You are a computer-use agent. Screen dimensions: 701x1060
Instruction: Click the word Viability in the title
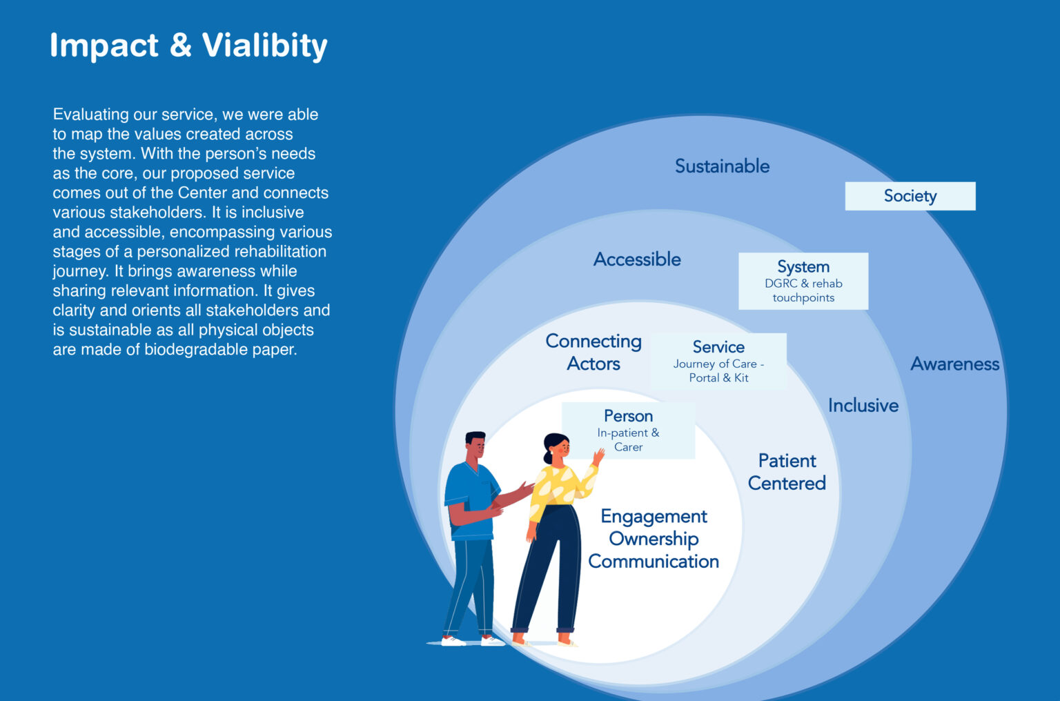pos(264,46)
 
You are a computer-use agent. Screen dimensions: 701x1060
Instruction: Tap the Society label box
pos(910,196)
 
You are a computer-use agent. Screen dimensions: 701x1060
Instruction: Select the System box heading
pos(803,267)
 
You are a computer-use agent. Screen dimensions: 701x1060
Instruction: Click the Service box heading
pos(718,347)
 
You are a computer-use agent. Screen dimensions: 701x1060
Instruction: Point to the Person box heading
pos(628,416)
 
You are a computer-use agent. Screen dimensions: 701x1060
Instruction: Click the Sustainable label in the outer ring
pos(722,166)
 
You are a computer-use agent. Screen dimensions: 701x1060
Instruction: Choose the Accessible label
pos(637,259)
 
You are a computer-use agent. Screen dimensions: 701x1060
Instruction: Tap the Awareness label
pos(954,364)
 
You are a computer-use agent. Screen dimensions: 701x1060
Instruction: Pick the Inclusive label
pos(863,406)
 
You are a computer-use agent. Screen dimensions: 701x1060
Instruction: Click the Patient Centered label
pos(787,472)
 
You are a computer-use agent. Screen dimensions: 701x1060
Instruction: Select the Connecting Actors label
pos(593,353)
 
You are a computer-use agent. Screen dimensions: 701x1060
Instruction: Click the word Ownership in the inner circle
pos(654,539)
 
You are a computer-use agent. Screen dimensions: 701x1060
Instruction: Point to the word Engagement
pos(654,516)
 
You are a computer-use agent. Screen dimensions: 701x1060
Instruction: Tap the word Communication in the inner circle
pos(654,562)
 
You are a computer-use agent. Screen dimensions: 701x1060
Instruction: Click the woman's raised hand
pos(598,456)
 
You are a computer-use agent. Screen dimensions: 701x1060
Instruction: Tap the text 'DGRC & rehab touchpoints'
pos(803,290)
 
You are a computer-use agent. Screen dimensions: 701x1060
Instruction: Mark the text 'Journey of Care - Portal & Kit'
pos(718,371)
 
